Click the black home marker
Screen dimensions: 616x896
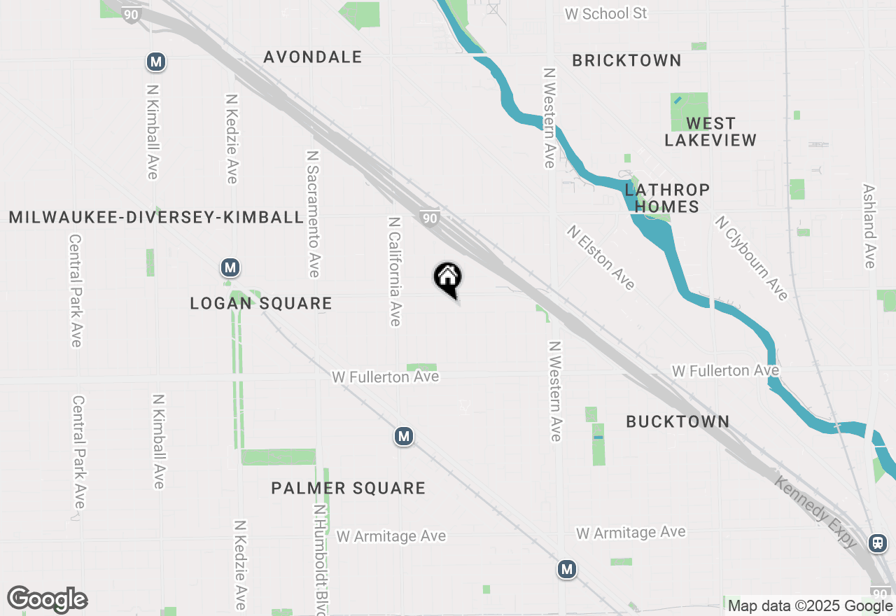(448, 279)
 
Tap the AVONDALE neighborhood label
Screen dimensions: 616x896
(313, 57)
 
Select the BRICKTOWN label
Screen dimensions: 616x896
(626, 61)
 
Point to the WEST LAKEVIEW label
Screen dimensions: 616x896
(710, 132)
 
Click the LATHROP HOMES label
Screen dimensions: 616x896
(667, 198)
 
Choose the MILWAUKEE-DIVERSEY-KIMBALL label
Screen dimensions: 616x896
(156, 218)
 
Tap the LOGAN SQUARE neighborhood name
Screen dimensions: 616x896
(261, 304)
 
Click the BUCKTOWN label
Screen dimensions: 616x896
(678, 421)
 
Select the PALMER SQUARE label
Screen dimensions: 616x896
(349, 488)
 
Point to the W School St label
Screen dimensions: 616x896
(606, 14)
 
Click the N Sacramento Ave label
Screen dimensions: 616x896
(313, 213)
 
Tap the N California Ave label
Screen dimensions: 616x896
(395, 271)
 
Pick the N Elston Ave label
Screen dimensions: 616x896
(601, 257)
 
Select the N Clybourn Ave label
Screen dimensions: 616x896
(751, 258)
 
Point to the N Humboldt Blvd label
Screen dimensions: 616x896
(320, 560)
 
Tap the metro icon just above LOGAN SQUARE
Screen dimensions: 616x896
(230, 267)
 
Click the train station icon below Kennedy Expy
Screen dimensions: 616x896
(877, 542)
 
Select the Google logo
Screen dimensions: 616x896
(47, 599)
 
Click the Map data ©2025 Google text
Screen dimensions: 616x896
(810, 606)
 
